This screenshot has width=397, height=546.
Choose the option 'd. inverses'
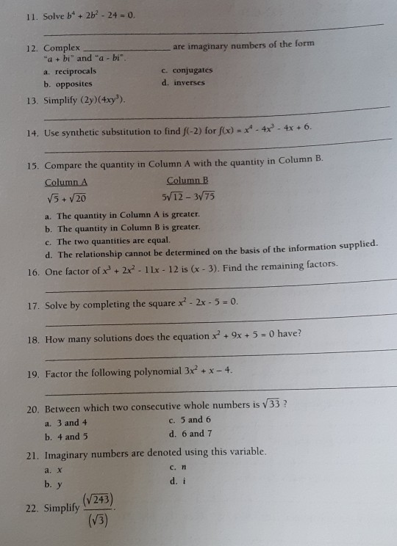[183, 83]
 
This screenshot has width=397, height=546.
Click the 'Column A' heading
[66, 182]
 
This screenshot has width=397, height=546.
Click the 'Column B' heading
[187, 181]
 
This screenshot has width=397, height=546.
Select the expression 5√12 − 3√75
[188, 197]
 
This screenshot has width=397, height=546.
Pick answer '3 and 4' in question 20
[66, 423]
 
